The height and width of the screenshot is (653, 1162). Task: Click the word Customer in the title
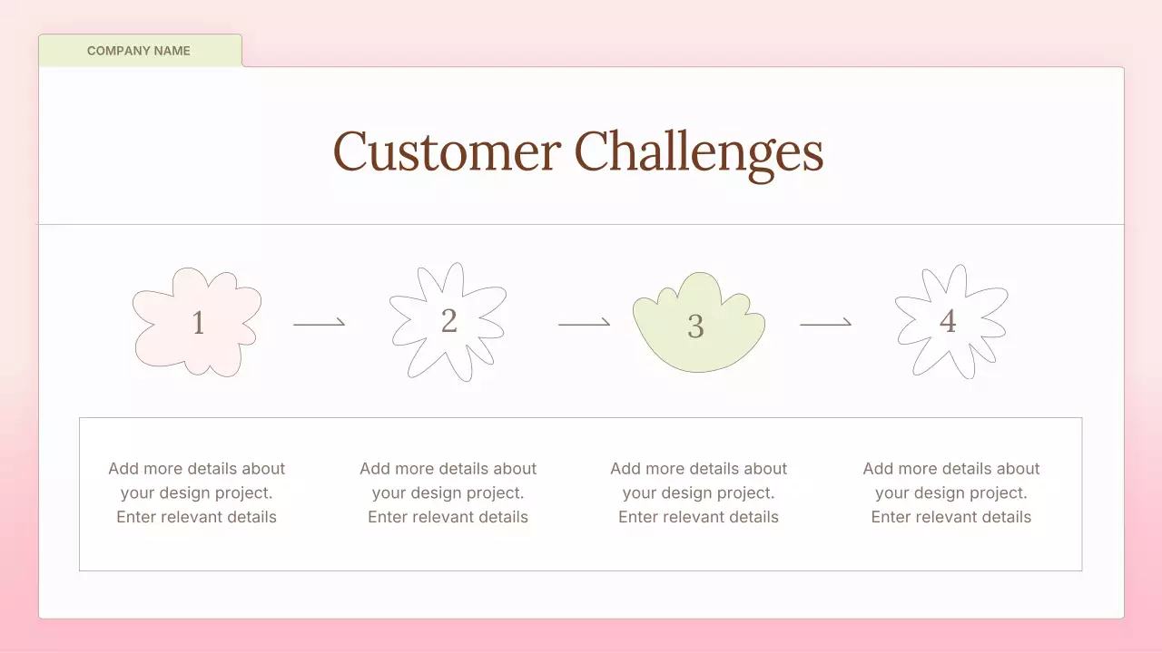446,151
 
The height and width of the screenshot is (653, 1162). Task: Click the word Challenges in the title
699,151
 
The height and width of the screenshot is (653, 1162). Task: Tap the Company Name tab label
139,51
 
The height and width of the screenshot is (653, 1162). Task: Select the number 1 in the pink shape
198,322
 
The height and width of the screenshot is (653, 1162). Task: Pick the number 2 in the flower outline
448,320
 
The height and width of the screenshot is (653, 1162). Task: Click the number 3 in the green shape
695,326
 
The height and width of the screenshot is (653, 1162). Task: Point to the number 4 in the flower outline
948,321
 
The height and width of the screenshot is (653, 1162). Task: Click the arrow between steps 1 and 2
320,322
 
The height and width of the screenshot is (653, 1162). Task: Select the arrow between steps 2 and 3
584,323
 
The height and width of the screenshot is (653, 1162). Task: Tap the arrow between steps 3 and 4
825,322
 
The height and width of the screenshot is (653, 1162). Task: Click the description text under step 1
197,492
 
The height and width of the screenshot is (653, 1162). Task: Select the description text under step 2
448,492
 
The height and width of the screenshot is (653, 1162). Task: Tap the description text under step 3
699,492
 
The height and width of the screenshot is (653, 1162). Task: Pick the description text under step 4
951,492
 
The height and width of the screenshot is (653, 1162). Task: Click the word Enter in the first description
136,517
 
